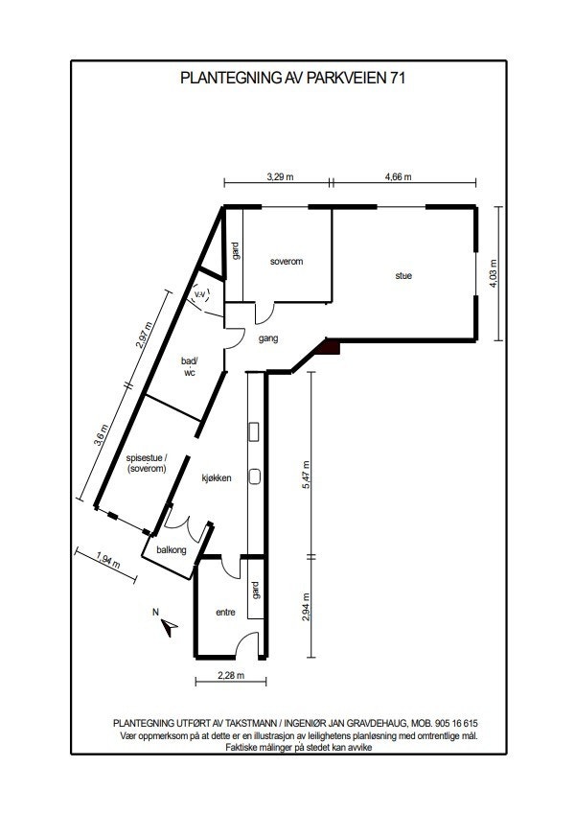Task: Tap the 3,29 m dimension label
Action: (x=279, y=176)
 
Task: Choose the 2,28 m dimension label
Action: (x=231, y=676)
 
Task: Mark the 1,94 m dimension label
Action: (x=108, y=559)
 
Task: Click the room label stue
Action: (x=403, y=276)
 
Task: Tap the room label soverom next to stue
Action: (x=287, y=261)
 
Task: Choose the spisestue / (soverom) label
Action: (x=147, y=464)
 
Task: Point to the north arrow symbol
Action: (x=169, y=627)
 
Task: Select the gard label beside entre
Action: (x=256, y=591)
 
